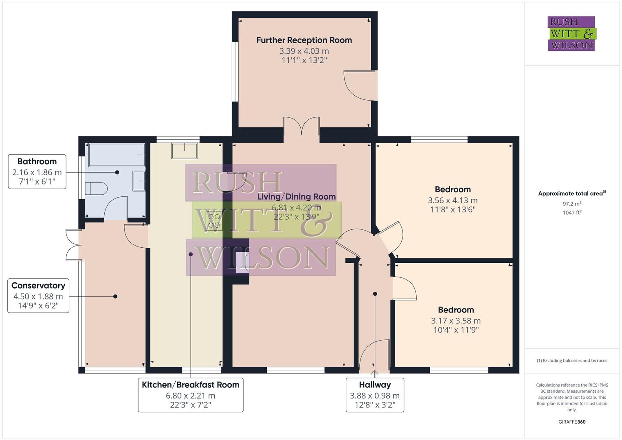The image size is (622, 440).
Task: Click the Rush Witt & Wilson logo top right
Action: [571, 33]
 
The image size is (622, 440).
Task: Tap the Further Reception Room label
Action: [304, 40]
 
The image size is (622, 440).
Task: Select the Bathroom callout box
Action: [37, 172]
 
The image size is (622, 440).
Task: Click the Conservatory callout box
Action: [38, 296]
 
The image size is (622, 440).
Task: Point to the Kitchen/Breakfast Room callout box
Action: [190, 395]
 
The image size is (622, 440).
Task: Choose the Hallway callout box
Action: [375, 395]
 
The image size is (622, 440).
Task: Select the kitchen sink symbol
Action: [185, 151]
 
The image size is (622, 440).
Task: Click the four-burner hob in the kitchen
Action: [214, 221]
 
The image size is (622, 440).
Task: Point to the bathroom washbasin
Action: [139, 180]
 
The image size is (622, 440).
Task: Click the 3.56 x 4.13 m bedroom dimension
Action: [453, 200]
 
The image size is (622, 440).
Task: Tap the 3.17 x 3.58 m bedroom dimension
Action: [455, 321]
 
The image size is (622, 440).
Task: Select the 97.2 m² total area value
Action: [572, 204]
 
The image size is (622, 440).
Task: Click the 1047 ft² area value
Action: [572, 212]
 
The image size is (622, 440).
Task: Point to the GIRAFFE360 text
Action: [572, 422]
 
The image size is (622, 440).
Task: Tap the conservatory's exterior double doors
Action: [73, 244]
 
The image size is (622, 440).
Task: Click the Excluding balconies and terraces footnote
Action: [572, 361]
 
